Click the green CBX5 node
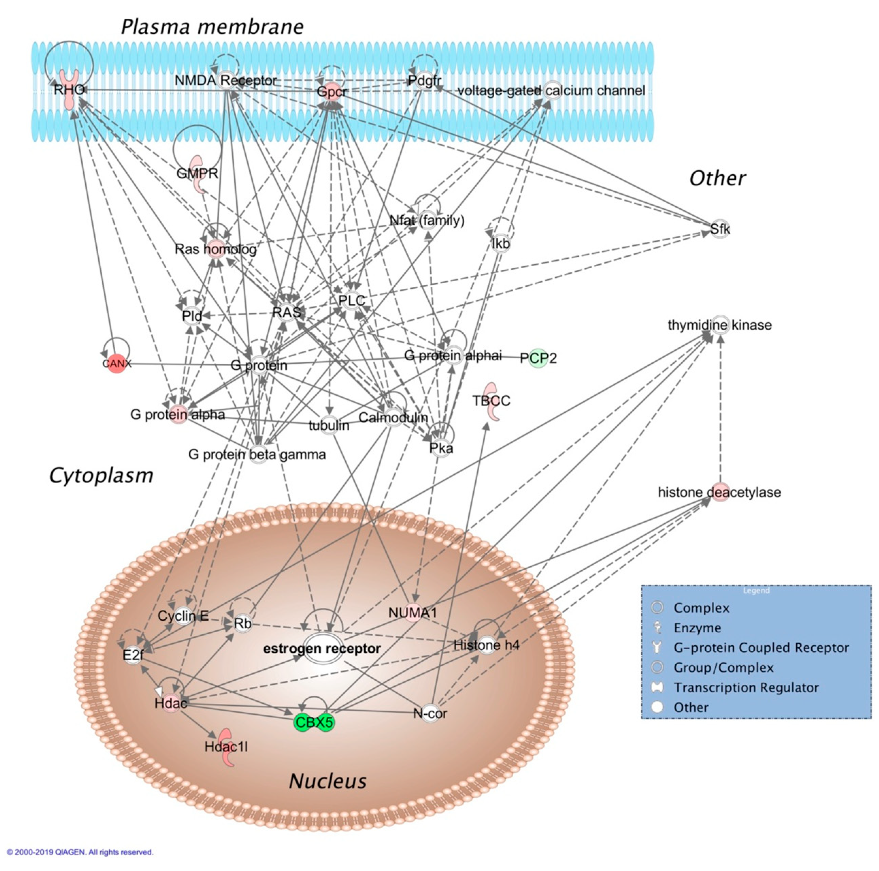click(314, 722)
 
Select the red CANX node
click(116, 363)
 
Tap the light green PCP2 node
click(538, 358)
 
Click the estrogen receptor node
click(322, 648)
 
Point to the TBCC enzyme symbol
click(491, 401)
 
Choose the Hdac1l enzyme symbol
click(226, 747)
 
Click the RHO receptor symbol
click(70, 90)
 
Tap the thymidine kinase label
click(719, 325)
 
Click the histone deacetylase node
click(719, 492)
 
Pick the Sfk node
click(720, 229)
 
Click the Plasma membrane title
click(212, 27)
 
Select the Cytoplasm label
click(101, 475)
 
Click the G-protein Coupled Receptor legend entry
click(761, 647)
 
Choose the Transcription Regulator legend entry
click(746, 687)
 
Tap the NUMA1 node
click(413, 613)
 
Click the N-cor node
click(430, 713)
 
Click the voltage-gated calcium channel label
click(551, 91)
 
